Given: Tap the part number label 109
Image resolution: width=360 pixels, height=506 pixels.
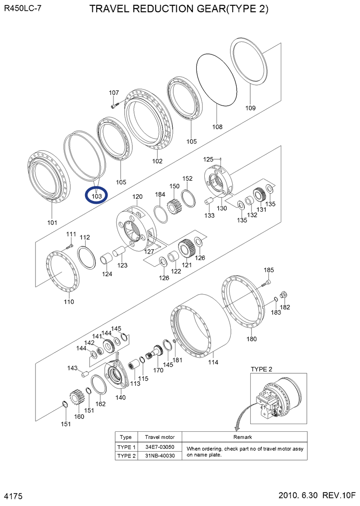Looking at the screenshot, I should coord(250,108).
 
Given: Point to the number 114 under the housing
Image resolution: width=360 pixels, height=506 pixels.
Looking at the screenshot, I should coord(213,362).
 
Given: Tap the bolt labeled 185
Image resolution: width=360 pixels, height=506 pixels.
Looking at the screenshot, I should coord(266,283).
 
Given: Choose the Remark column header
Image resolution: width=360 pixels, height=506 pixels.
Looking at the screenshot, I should coord(243,437).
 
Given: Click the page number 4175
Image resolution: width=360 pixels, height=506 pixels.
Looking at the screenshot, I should coord(13,496).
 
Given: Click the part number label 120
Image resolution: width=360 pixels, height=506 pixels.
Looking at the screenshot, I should coord(137,197).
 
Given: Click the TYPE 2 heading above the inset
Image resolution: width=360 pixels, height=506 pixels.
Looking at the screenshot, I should coord(261,369).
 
